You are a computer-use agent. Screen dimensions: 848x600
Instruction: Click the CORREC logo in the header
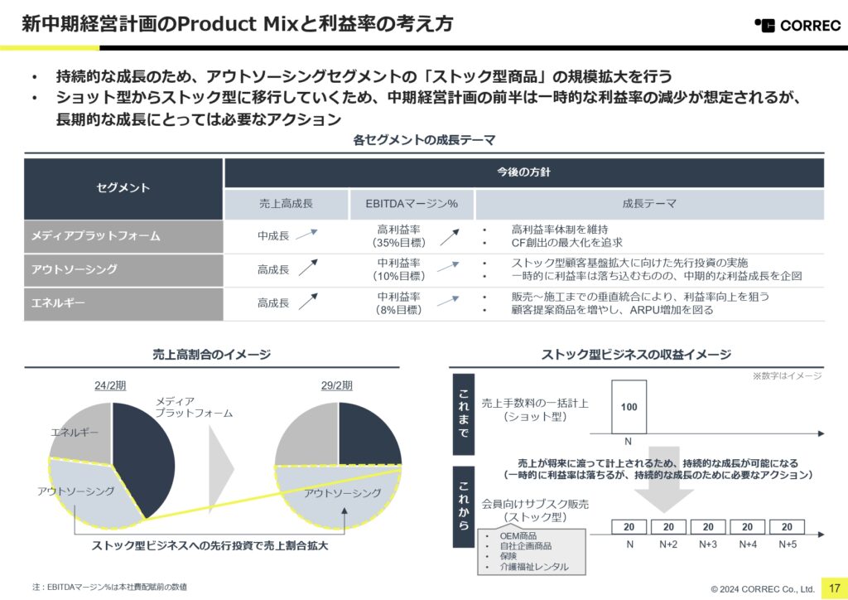797,25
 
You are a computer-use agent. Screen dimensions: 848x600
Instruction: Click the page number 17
835,588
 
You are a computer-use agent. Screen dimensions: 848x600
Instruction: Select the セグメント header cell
123,188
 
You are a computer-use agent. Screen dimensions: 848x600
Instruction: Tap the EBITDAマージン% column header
412,204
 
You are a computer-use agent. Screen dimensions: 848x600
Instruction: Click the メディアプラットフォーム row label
123,236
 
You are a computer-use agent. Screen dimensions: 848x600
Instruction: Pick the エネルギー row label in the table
123,303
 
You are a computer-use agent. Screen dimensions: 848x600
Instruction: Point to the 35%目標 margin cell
399,236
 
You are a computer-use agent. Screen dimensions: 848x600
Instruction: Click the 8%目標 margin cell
399,303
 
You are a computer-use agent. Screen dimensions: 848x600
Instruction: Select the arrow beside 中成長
306,235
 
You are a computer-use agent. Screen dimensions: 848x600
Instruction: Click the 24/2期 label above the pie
110,385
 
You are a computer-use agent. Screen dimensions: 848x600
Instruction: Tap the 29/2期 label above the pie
336,385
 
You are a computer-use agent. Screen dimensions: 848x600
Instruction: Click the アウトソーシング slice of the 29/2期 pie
339,495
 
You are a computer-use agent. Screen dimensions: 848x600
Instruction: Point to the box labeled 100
629,407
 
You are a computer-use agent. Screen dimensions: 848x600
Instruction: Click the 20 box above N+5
787,527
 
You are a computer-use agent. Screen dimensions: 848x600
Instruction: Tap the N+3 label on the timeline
708,544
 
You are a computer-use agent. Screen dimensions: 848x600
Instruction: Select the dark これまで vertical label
464,414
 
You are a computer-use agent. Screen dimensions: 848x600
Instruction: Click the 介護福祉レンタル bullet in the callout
534,567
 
